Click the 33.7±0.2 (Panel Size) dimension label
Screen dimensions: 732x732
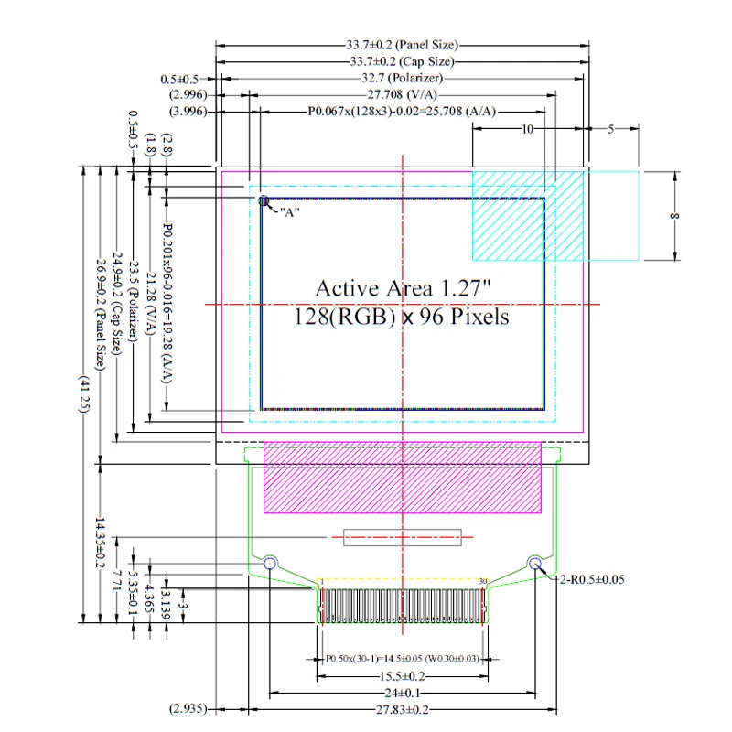(402, 45)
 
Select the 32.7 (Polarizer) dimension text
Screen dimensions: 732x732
(402, 78)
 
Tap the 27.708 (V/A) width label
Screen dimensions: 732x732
(402, 94)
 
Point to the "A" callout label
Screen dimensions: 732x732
(289, 212)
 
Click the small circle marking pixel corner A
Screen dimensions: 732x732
(264, 200)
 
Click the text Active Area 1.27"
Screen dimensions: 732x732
(403, 288)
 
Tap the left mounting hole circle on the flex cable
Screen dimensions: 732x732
(270, 563)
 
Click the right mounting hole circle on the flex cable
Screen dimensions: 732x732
(535, 563)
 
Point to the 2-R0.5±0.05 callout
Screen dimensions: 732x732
(592, 579)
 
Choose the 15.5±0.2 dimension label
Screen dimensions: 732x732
(402, 676)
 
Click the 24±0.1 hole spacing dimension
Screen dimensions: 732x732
(402, 693)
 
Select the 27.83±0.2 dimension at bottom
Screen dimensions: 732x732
(402, 710)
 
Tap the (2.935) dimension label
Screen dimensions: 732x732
(188, 708)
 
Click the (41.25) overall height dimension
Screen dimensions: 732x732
(83, 393)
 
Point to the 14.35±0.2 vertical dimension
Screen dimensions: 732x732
(100, 543)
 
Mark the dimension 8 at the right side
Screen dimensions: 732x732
(674, 216)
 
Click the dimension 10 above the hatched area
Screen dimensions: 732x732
(527, 129)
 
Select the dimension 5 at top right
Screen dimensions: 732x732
(610, 129)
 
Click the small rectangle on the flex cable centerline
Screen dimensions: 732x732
(403, 537)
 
